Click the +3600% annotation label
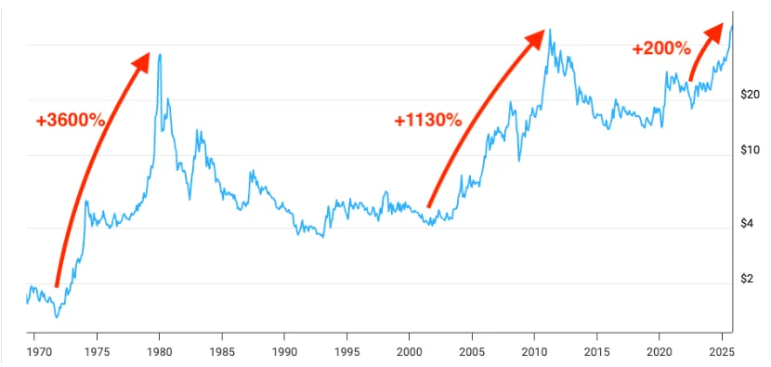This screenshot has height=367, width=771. pos(71,121)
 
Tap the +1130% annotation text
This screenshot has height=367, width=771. pos(428,120)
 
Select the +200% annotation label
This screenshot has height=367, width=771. pos(661,48)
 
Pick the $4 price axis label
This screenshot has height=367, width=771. pos(748,223)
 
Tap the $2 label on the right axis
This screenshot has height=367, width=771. pos(748,279)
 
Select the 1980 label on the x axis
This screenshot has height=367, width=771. pos(160,352)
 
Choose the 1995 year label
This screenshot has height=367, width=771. pos(346,352)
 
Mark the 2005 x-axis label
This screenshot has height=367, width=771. pos(472,352)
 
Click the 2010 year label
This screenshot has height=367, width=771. pos(534,352)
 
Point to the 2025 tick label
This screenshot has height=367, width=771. pos(722,352)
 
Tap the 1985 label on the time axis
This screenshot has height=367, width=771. pos(222,352)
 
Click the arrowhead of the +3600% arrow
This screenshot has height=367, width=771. pos(141,61)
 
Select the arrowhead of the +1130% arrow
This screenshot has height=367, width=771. pos(537,38)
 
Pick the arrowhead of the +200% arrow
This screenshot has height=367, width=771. pos(715,31)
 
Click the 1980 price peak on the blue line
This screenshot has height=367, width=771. pos(160,54)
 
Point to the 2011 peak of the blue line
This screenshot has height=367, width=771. pos(550,30)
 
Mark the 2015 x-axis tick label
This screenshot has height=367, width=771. pos(596,352)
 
